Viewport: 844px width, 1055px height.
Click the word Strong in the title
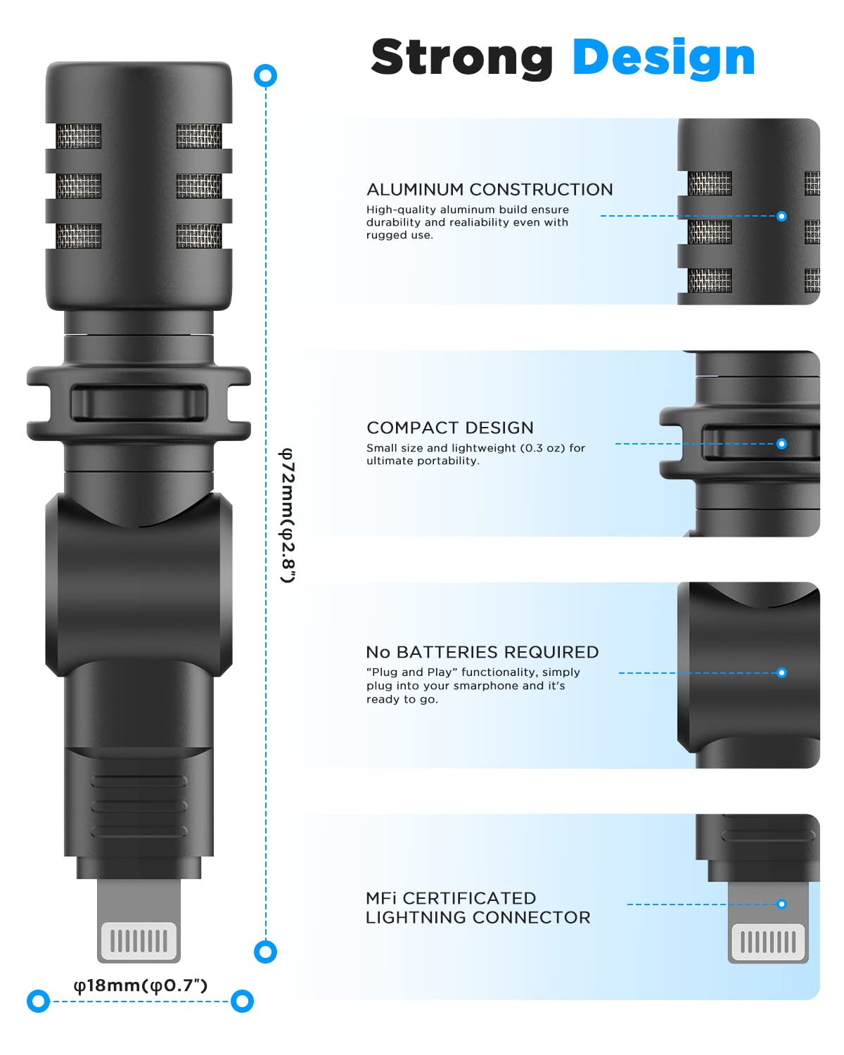tap(461, 58)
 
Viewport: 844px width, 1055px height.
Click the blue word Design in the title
tap(663, 58)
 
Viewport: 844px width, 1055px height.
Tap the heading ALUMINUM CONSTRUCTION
tap(490, 189)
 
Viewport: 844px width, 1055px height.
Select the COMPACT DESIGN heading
tap(450, 428)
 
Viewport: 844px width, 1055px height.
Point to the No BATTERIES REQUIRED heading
tap(482, 652)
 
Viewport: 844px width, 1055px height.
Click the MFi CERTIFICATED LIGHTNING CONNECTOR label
tap(478, 908)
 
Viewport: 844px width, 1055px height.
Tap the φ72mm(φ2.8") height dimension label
tap(288, 516)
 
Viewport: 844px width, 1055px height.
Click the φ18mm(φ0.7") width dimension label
tap(141, 985)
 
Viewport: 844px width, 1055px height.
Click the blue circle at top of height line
tap(265, 76)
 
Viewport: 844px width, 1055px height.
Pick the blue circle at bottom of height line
tap(265, 952)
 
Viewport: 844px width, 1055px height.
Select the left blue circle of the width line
tap(39, 1001)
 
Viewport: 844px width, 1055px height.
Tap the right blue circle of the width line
tap(242, 1001)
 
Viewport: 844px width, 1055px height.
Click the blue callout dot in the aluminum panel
tap(781, 216)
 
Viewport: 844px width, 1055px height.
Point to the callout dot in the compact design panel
tap(781, 444)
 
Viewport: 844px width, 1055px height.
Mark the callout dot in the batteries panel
tap(781, 673)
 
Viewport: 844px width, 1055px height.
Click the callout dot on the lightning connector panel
tap(781, 904)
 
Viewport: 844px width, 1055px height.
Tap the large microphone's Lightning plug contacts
tap(139, 941)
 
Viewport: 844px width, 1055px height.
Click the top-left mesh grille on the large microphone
tap(79, 136)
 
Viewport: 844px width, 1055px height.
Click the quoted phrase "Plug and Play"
tap(411, 672)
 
